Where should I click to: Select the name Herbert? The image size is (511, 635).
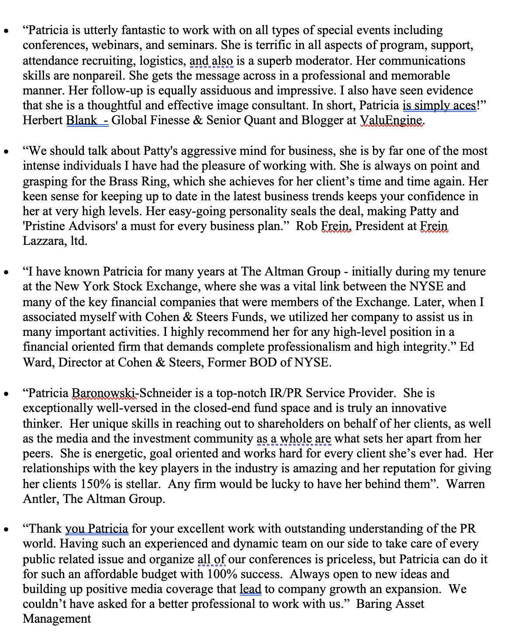tap(42, 120)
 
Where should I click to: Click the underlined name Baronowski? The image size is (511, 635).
tap(104, 393)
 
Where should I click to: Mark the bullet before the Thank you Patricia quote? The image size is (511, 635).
tap(6, 530)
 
